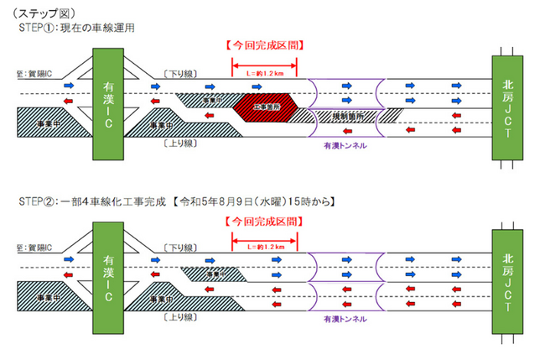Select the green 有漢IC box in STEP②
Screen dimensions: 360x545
click(x=109, y=281)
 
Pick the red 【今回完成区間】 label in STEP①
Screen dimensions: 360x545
click(x=265, y=44)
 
